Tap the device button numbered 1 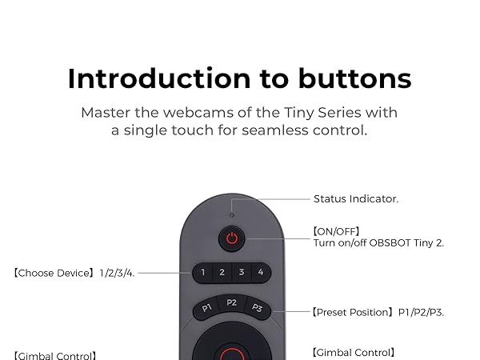(x=203, y=273)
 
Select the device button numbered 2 (x=222, y=273)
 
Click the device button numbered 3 (x=242, y=273)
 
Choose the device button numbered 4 (x=260, y=273)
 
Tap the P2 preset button (x=232, y=302)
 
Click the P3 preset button (x=258, y=308)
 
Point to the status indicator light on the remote (x=232, y=214)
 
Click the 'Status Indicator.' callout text (x=355, y=199)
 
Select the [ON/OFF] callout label (x=336, y=231)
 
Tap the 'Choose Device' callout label (x=54, y=273)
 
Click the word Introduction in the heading (x=143, y=78)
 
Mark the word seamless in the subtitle (x=277, y=130)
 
